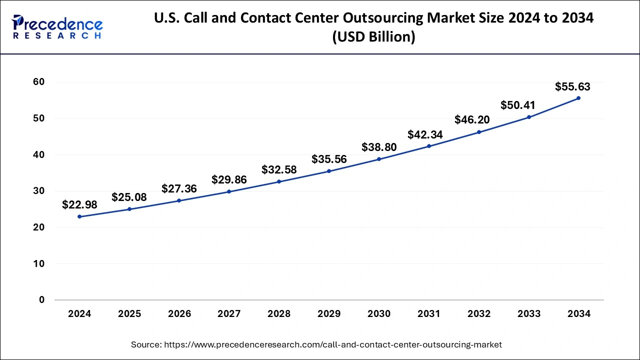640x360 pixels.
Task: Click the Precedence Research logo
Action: point(57,27)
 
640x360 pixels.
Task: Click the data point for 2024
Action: point(79,216)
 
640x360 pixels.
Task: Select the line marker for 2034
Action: point(578,98)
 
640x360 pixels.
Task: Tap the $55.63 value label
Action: point(572,86)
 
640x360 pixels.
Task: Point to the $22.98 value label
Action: point(79,204)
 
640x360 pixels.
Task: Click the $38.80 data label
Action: point(379,147)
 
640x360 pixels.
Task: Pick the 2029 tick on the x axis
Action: point(329,314)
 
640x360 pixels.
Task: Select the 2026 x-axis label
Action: point(179,314)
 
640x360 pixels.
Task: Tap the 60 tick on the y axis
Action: point(38,82)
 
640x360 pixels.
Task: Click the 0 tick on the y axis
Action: point(41,300)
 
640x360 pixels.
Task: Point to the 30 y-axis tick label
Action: point(38,191)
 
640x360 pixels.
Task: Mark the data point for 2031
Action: point(429,146)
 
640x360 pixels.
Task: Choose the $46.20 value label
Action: point(472,119)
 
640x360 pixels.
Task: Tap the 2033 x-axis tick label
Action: point(528,314)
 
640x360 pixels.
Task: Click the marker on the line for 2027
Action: point(229,191)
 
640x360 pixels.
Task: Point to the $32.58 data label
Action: point(279,169)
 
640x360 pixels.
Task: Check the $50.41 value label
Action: point(518,105)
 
